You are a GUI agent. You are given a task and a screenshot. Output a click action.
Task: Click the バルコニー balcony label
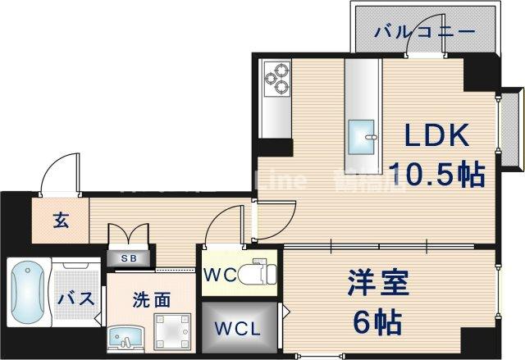pyautogui.click(x=425, y=32)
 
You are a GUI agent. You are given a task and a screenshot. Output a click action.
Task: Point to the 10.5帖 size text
pyautogui.click(x=435, y=174)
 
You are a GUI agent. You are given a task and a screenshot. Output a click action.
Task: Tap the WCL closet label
pyautogui.click(x=238, y=330)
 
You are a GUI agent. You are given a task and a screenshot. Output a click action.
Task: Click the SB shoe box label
pyautogui.click(x=130, y=257)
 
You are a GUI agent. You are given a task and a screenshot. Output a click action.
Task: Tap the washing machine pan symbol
pyautogui.click(x=172, y=332)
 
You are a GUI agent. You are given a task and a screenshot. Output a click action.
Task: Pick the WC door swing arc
pyautogui.click(x=225, y=228)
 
